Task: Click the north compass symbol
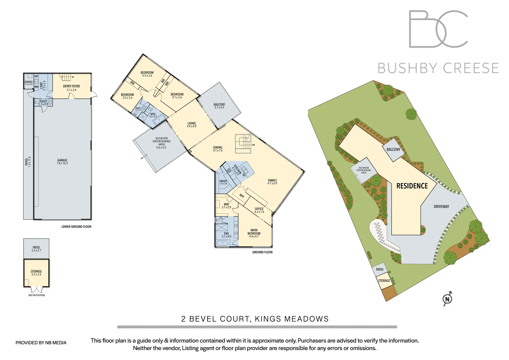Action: (447, 299)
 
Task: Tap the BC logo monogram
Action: (438, 29)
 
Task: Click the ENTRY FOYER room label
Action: (71, 88)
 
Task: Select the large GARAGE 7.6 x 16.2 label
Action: (62, 162)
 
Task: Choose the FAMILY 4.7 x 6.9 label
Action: (272, 182)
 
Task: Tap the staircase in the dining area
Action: (243, 144)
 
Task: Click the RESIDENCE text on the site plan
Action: (412, 186)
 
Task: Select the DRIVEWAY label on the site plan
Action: (441, 207)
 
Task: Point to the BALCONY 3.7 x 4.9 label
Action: (219, 106)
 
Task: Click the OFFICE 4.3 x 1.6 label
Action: (259, 210)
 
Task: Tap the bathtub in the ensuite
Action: (223, 243)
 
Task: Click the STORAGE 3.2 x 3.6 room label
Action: (36, 273)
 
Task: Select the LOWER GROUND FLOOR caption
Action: (76, 227)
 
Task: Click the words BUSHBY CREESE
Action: (438, 68)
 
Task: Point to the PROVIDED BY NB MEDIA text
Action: (41, 343)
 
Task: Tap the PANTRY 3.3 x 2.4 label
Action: (223, 182)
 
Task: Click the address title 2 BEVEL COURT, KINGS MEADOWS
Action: (255, 319)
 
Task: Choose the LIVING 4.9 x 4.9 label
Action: (192, 125)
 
